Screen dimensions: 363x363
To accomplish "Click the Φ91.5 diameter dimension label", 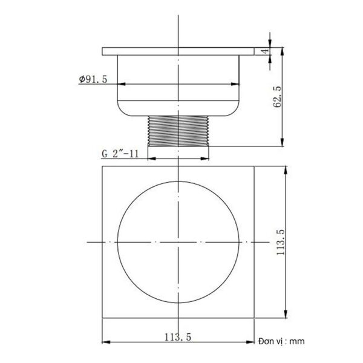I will (x=93, y=79).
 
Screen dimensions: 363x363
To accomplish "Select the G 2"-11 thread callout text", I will (x=121, y=154).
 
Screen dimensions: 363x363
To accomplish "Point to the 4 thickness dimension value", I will (x=264, y=51).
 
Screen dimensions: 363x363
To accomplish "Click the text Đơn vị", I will (x=270, y=341).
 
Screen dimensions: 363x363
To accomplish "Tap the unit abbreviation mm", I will (x=296, y=341).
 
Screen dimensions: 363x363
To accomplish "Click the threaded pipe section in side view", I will (x=178, y=130).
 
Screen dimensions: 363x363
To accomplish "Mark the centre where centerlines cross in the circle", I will (x=178, y=242).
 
